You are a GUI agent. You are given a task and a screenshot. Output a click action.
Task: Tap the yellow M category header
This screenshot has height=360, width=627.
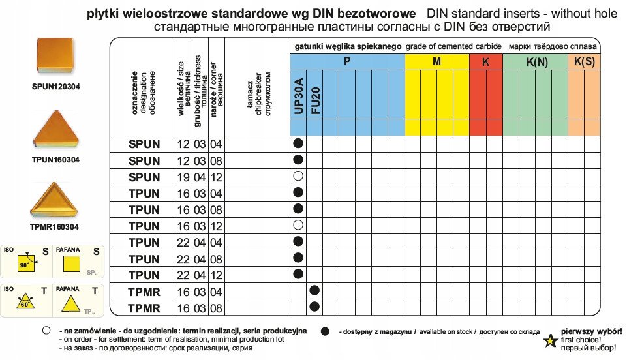point(436,62)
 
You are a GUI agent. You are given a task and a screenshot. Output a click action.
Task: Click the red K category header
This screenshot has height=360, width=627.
point(485,62)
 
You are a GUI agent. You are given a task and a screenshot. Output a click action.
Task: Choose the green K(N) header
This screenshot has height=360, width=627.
point(535,62)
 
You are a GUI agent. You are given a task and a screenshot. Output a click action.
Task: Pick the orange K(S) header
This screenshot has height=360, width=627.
point(584,61)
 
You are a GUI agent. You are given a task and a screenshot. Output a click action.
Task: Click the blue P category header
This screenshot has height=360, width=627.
point(347,61)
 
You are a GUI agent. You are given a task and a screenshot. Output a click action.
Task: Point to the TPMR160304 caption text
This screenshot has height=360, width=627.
point(55,227)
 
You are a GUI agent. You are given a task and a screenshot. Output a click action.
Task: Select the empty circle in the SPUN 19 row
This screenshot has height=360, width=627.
point(298,176)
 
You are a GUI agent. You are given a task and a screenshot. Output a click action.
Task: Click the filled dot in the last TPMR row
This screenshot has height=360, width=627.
point(314,307)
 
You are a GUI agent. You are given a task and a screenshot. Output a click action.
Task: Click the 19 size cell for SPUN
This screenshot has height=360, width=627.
point(183,177)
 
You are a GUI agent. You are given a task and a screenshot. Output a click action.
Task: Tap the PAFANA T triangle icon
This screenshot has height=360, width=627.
point(70,303)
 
